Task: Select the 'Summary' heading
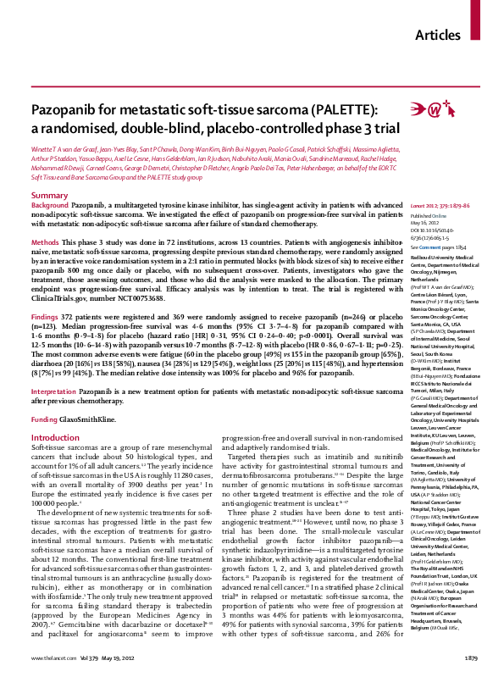tap(49, 172)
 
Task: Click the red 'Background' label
tap(49, 183)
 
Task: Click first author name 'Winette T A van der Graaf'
tap(64, 148)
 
